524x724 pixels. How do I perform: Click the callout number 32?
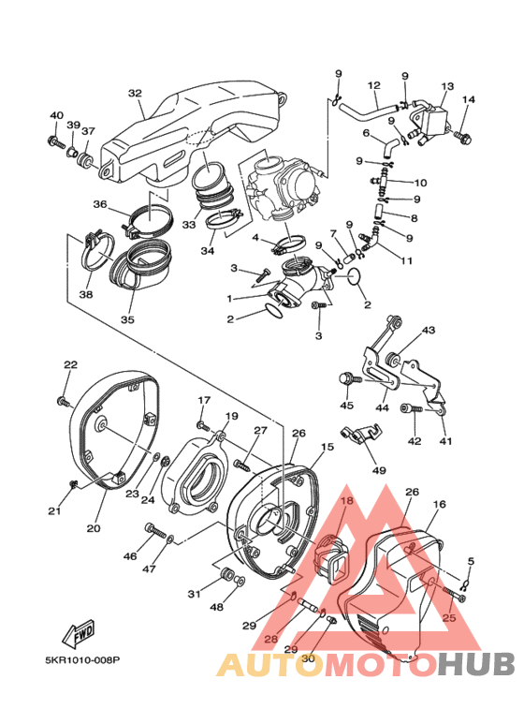point(135,94)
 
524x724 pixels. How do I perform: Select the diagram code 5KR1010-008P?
point(83,659)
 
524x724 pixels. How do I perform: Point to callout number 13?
point(446,86)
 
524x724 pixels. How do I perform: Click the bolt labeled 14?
point(461,138)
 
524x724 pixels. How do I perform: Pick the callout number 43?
point(429,331)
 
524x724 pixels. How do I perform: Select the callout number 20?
point(94,528)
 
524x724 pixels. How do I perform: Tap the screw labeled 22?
point(63,401)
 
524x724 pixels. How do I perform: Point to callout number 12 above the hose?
point(373,85)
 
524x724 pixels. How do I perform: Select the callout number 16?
point(439,505)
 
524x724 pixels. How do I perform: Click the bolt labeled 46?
point(150,531)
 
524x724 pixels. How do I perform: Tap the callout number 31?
point(194,595)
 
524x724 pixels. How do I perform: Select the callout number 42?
point(413,440)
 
